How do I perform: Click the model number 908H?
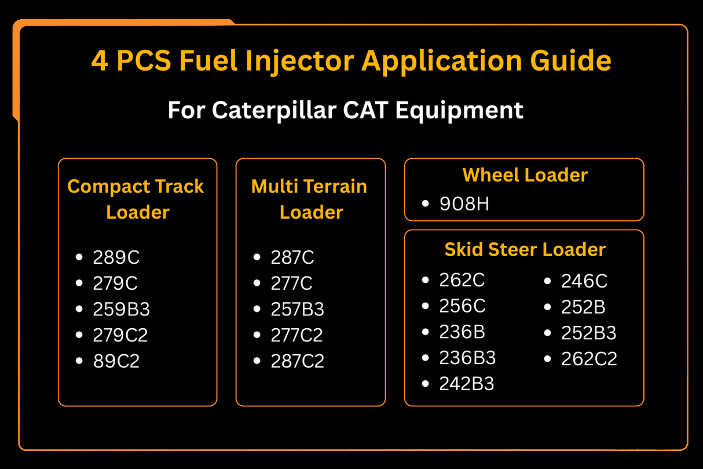point(464,204)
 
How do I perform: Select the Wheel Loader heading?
point(525,174)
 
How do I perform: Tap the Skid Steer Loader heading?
point(525,249)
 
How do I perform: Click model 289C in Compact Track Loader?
point(116,257)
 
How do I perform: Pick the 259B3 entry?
point(121,310)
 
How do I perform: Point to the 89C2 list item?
point(116,361)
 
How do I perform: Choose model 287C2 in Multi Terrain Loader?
point(297,361)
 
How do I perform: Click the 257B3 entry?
point(297,310)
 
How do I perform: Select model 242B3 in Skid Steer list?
point(466,384)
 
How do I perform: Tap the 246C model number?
point(584,281)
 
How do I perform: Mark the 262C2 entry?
point(589,359)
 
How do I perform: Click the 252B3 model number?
point(588,333)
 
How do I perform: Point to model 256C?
point(462,306)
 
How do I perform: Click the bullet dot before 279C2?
point(80,335)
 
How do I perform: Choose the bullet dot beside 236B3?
point(426,357)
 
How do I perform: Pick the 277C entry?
point(291,283)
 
